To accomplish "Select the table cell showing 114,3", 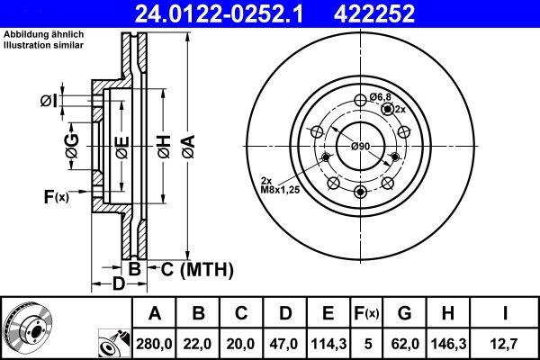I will click(x=328, y=342).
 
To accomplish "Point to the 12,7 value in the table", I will click(x=506, y=342).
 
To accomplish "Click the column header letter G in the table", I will click(x=404, y=313).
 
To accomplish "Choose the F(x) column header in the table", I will click(x=367, y=313).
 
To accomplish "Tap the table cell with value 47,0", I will click(x=285, y=342).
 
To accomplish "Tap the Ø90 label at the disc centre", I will click(x=361, y=147).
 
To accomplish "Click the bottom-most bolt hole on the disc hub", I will click(x=361, y=192).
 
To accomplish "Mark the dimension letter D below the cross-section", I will click(x=118, y=285).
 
